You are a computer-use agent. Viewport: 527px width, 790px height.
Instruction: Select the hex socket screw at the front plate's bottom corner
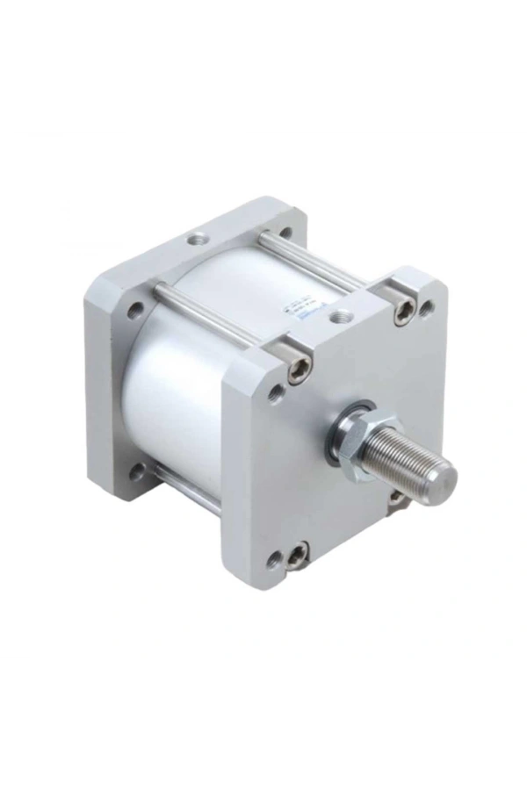[x=297, y=552]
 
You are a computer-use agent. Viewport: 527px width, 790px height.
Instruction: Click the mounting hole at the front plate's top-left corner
[x=275, y=392]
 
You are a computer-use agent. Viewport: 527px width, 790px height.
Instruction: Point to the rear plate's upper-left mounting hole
[x=134, y=309]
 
